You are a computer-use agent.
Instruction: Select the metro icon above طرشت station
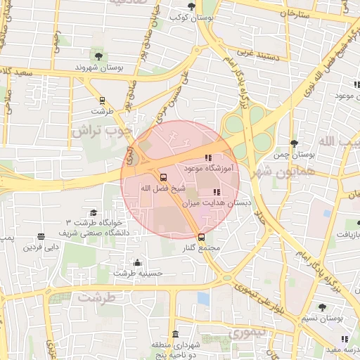click(102, 100)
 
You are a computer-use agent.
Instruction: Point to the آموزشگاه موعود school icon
click(207, 158)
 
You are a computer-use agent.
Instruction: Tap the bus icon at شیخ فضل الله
click(164, 177)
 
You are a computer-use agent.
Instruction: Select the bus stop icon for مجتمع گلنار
click(202, 237)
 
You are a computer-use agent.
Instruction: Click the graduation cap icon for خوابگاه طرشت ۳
click(93, 213)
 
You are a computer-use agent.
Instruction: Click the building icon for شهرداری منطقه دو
click(175, 334)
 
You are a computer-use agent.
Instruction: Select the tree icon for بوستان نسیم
click(322, 307)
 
